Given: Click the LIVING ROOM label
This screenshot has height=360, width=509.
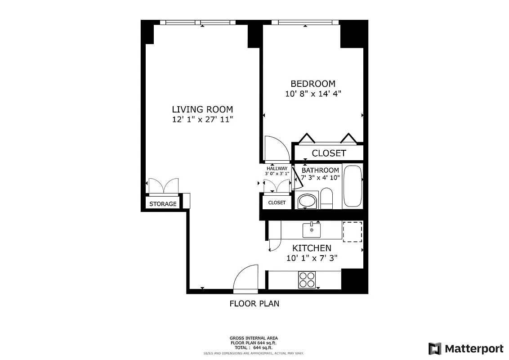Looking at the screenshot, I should coord(202,109).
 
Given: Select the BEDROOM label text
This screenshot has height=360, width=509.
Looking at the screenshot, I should coord(313,84).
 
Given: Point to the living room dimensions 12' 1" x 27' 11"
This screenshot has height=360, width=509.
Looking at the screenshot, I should coord(202,120).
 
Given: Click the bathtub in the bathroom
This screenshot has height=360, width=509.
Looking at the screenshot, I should coord(352,186).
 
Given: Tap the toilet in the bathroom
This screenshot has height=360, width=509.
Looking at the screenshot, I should coord(326,199).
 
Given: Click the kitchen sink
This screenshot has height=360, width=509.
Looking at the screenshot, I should coord(311,229).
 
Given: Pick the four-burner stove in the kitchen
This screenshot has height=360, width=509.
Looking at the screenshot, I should coord(307,279).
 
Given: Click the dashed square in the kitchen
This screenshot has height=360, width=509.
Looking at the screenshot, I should coord(353,232).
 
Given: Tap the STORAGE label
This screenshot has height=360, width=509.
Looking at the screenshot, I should coord(163,204).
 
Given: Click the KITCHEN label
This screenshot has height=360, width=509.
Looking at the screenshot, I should coord(312,248).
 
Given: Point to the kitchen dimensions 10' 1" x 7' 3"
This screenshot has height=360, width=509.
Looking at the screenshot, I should coord(312,258).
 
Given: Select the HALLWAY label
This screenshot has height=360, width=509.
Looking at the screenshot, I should coord(277,169).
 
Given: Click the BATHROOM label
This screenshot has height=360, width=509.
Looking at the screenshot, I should coord(320,170).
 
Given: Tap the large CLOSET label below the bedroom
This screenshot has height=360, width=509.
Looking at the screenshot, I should coord(329,153).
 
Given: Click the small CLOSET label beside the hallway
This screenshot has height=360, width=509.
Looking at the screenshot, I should coord(277,202).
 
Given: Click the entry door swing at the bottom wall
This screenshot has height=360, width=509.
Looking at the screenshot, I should coord(246,279).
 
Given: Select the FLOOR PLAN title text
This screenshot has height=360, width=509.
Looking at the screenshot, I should coord(254,304).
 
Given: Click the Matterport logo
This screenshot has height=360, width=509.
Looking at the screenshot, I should coord(466,349).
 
